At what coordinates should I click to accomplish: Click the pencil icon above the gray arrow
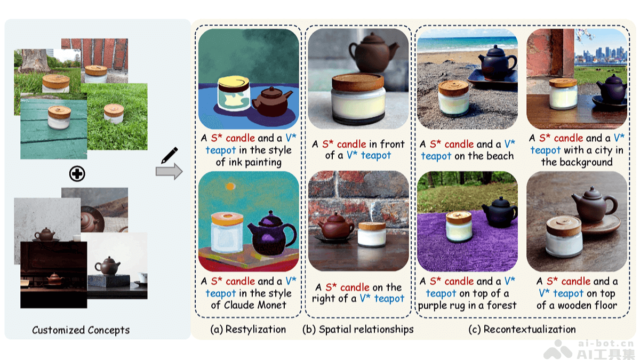pyautogui.click(x=170, y=155)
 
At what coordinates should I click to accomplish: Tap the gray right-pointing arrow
pyautogui.click(x=169, y=171)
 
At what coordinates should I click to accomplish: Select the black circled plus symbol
pyautogui.click(x=77, y=173)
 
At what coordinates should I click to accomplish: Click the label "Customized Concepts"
pyautogui.click(x=81, y=330)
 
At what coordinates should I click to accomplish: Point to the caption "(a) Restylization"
pyautogui.click(x=248, y=330)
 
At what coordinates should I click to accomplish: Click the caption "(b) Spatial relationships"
pyautogui.click(x=358, y=330)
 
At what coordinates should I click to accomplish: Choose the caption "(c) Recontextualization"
pyautogui.click(x=522, y=330)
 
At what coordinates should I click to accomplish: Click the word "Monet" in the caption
pyautogui.click(x=271, y=305)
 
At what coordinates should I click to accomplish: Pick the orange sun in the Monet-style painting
pyautogui.click(x=230, y=187)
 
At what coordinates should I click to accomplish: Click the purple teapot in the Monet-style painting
pyautogui.click(x=271, y=234)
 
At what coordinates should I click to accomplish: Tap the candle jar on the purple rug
pyautogui.click(x=459, y=226)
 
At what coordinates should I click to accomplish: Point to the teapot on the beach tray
pyautogui.click(x=497, y=63)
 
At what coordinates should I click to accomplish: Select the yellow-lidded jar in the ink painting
pyautogui.click(x=234, y=94)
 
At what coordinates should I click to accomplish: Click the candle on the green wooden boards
pyautogui.click(x=59, y=117)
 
